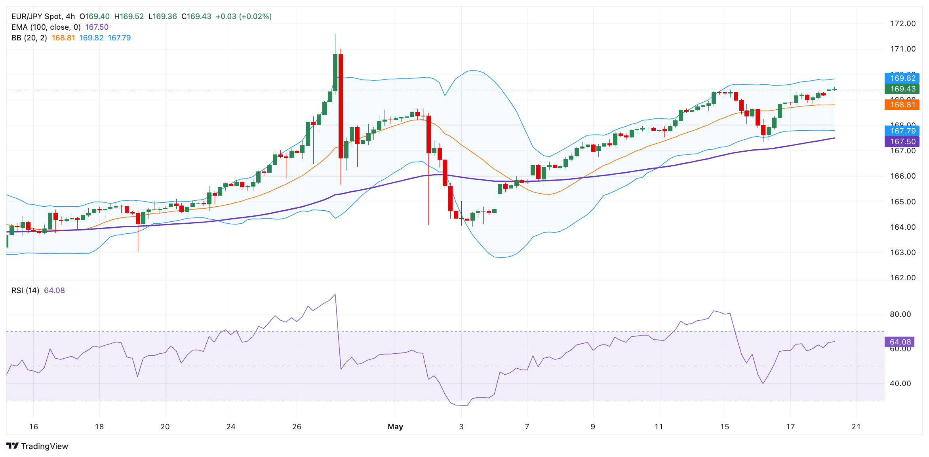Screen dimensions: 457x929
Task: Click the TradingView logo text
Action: tap(44, 446)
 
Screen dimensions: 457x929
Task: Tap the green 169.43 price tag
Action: tap(902, 89)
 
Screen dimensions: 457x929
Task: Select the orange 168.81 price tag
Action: tap(902, 105)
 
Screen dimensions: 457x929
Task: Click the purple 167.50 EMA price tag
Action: tap(902, 141)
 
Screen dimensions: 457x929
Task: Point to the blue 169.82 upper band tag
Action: tap(902, 78)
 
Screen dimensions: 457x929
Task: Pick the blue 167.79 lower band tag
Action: tap(902, 131)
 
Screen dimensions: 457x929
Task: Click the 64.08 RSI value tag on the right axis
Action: tap(900, 342)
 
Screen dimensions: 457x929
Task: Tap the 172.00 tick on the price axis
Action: tap(902, 24)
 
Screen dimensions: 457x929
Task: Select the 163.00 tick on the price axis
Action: tap(902, 253)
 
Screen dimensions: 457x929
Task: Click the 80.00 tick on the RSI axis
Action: tap(900, 314)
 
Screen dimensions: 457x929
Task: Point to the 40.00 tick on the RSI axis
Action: tap(900, 384)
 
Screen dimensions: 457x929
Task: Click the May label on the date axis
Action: tap(395, 427)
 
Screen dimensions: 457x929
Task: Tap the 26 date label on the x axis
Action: tap(297, 427)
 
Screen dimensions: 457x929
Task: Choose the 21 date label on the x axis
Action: tap(856, 427)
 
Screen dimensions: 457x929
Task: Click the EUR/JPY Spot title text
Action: tap(37, 16)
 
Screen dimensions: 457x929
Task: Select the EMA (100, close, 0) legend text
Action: tap(46, 27)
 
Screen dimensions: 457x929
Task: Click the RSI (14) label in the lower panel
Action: tap(25, 290)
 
